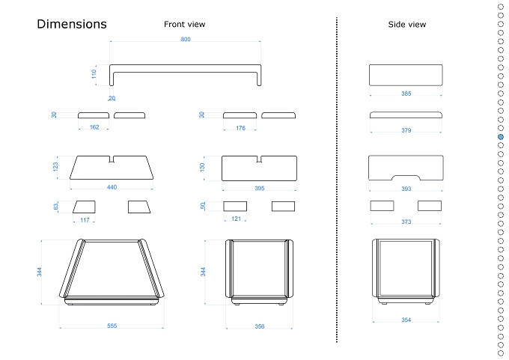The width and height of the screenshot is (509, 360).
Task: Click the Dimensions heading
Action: coord(72,24)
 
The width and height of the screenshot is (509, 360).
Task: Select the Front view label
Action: coord(184,25)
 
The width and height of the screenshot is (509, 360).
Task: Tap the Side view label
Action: coord(406,25)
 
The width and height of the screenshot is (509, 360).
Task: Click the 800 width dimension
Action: coord(186,39)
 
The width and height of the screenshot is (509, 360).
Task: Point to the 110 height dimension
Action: coord(94,74)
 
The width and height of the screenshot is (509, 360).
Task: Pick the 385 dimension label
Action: coord(406,94)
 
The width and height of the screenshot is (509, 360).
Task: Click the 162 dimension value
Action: coord(94,127)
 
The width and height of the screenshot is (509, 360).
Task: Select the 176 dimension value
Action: coord(240,128)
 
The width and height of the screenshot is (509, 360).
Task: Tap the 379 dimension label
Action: coord(406,130)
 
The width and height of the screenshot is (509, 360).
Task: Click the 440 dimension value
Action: coord(112,187)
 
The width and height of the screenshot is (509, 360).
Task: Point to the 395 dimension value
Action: coord(260,189)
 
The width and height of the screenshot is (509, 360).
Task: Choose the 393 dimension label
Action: coord(406,189)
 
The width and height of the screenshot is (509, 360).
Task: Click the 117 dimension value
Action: coord(85,220)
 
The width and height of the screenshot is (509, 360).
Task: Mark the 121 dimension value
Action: coord(236,219)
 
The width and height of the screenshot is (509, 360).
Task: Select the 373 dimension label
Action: coord(406,222)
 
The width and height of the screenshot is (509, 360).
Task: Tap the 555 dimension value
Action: coord(112,326)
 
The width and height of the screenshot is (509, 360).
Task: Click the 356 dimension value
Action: coord(260,326)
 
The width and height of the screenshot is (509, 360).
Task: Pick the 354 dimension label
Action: coord(406,320)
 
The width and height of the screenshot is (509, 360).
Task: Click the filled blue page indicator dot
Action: coord(501,137)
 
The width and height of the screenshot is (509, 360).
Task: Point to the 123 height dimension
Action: coord(55,167)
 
